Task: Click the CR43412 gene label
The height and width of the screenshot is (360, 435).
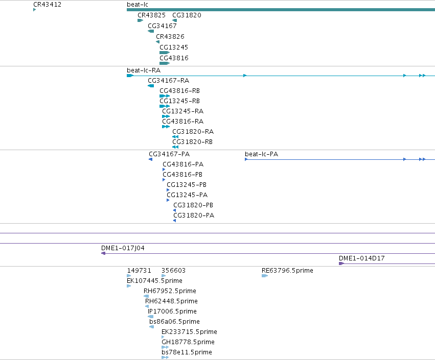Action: coord(47,5)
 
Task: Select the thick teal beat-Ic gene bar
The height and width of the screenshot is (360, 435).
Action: coord(281,10)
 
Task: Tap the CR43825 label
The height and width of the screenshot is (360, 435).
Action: coord(151,15)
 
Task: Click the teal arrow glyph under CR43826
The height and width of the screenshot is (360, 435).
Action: coord(157,42)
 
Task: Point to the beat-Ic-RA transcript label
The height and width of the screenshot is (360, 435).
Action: coord(144,70)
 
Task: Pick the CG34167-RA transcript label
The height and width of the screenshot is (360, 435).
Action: coord(168,81)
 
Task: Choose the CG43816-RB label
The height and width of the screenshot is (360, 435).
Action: coord(179,91)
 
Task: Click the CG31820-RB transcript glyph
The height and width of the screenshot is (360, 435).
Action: coord(175,147)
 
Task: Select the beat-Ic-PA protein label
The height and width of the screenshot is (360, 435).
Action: coord(261,154)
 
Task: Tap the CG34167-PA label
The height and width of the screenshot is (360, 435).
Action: coord(169,154)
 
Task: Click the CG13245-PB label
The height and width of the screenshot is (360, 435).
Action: coord(187,185)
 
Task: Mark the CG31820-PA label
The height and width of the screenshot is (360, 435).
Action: coord(194,215)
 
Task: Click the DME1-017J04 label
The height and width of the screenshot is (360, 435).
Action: coord(123,248)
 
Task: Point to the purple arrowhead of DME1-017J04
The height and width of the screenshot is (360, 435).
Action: coord(103,253)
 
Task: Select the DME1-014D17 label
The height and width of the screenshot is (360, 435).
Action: coord(362,258)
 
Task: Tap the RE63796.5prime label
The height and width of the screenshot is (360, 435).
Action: coord(287,271)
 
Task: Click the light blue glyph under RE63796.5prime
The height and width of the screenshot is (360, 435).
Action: coord(265,276)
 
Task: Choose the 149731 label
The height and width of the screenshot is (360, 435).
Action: coord(139,271)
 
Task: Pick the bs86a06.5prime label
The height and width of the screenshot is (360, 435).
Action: coord(174,322)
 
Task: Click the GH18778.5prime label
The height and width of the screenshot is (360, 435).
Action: coord(188,342)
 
